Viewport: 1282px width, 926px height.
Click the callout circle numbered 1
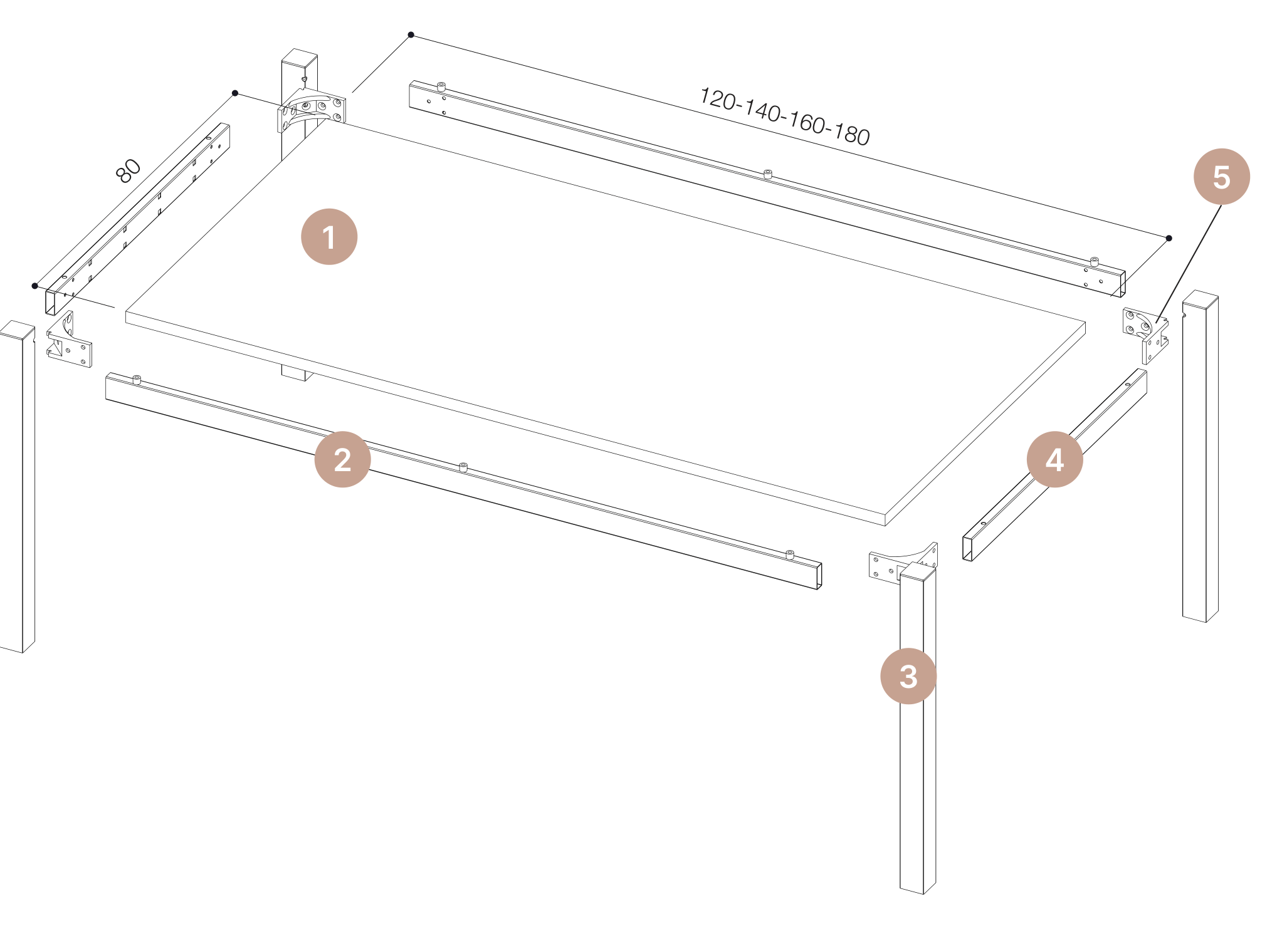coord(329,237)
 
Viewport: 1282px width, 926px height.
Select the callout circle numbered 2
coord(342,459)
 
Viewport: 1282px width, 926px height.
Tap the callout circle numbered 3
coord(908,676)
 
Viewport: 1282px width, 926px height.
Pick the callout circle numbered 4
coord(1054,459)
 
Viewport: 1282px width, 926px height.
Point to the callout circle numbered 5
coord(1221,177)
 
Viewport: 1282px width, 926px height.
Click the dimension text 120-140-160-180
coord(784,117)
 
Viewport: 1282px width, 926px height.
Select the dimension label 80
coord(129,170)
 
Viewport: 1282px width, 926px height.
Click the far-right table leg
coord(1201,456)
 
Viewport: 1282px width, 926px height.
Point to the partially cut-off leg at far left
coord(18,487)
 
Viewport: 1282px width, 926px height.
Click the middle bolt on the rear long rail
coord(767,174)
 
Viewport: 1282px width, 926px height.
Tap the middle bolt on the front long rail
coord(463,467)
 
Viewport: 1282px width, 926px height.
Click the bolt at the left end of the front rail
coord(137,379)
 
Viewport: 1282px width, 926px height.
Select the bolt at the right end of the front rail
coord(790,554)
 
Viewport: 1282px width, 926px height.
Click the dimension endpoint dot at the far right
coord(1169,238)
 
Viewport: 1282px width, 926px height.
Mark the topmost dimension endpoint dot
coord(411,34)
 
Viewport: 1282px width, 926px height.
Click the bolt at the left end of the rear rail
coord(441,86)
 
